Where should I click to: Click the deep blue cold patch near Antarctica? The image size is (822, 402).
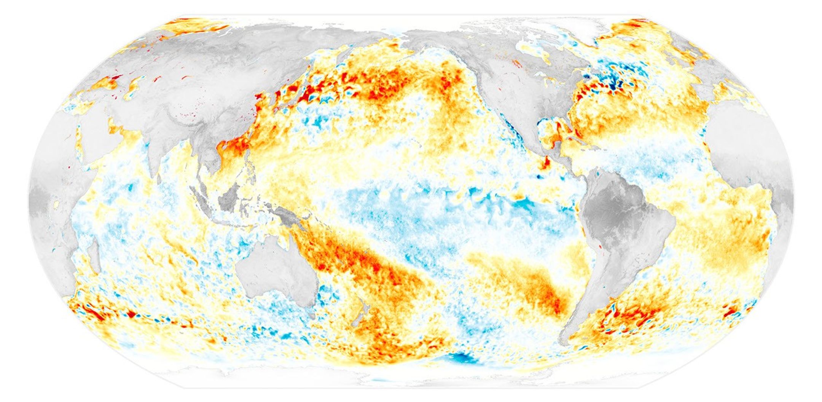(463, 358)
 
